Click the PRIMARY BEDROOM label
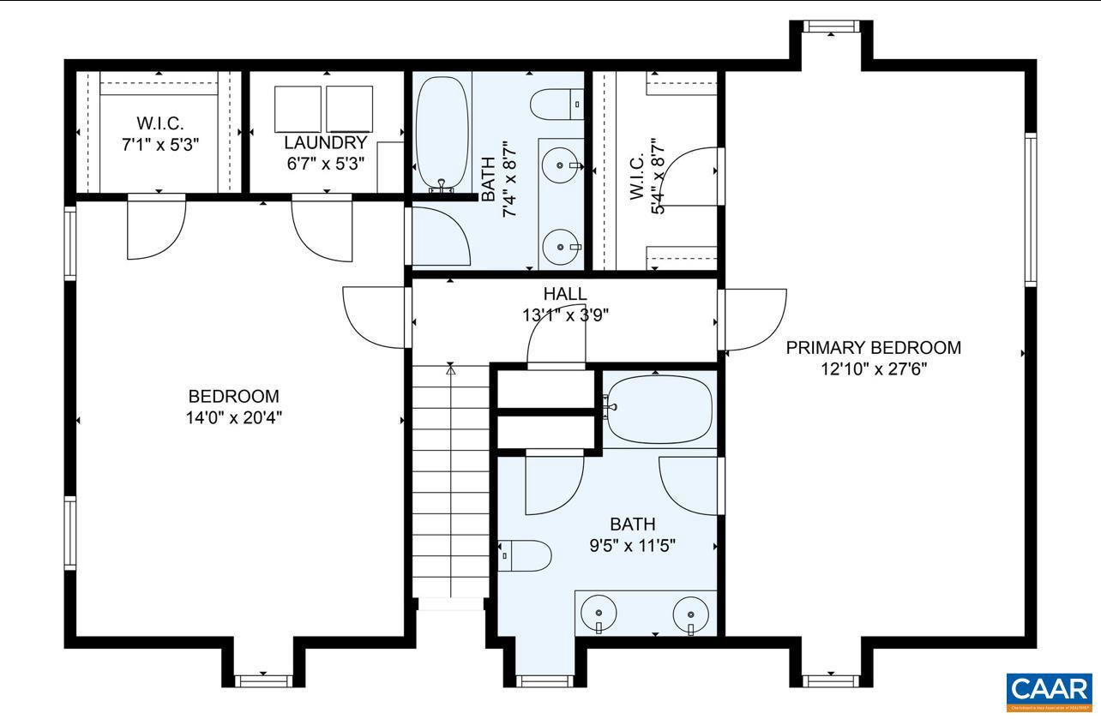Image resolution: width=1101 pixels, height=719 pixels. (x=873, y=348)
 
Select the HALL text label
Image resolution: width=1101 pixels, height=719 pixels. (x=565, y=295)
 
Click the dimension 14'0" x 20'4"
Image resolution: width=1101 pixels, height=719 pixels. (x=234, y=417)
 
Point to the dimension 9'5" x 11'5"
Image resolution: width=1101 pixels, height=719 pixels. (x=633, y=545)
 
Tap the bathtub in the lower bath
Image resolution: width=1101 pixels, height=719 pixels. (x=659, y=409)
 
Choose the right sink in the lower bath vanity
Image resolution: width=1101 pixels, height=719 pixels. (x=689, y=614)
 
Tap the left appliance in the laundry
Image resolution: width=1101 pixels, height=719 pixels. (x=298, y=109)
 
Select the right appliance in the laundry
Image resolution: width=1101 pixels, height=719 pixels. (x=349, y=109)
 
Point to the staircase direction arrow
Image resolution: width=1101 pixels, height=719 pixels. (x=451, y=370)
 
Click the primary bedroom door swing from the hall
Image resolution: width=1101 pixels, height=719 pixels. (x=755, y=320)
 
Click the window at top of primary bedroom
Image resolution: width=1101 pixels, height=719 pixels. (x=830, y=27)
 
